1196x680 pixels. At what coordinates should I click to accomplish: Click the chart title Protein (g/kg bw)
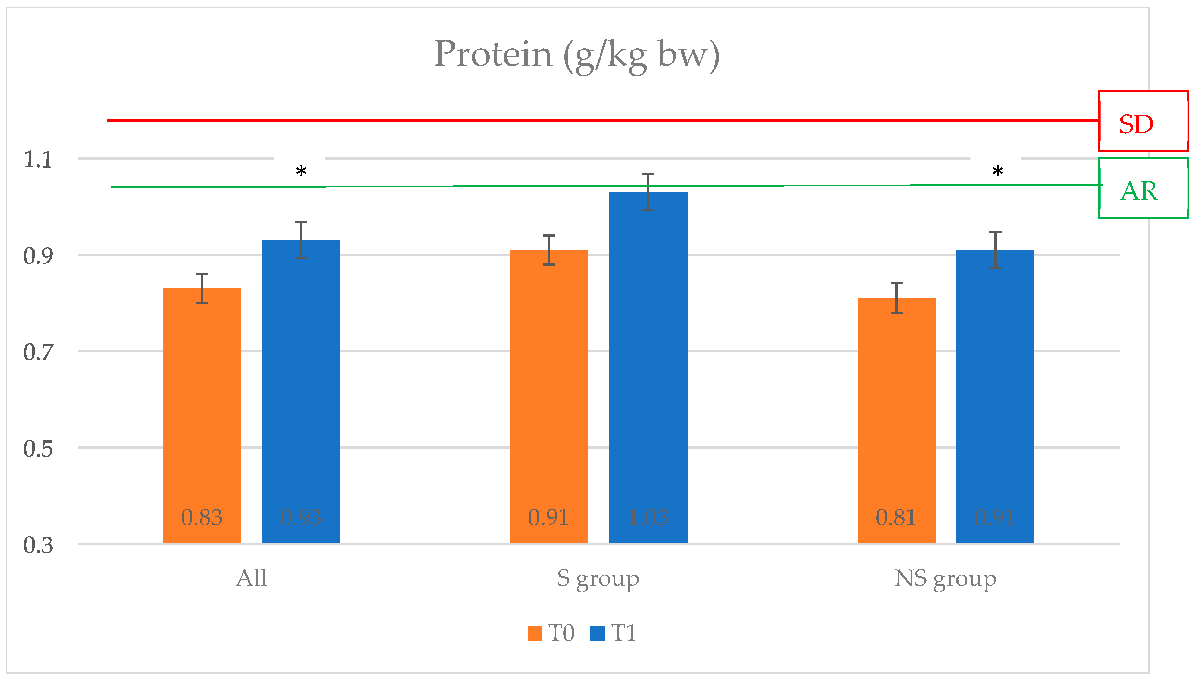pos(576,55)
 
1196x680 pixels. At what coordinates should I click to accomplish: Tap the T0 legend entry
pos(551,633)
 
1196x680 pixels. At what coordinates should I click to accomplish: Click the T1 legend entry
pos(614,633)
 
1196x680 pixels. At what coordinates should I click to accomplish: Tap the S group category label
pos(598,579)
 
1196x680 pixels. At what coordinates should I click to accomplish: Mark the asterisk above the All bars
pos(301,171)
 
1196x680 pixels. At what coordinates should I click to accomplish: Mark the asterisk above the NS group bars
pos(998,171)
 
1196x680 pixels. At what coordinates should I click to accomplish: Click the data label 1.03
pos(648,517)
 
